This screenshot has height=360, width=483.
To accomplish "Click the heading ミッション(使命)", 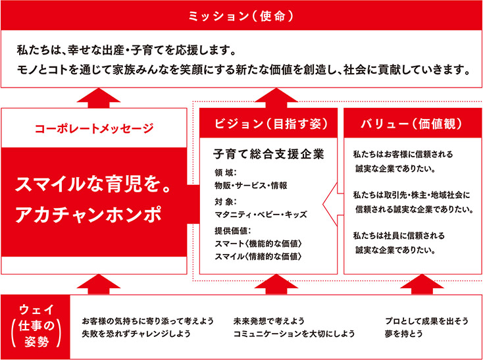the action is coord(241,16).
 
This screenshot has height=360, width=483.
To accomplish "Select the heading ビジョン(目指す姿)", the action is coord(268,124).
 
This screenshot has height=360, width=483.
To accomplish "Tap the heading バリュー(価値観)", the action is coord(413,124).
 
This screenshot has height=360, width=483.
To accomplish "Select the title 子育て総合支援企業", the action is coord(268,155).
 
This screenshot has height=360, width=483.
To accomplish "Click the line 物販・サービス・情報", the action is coord(251,186).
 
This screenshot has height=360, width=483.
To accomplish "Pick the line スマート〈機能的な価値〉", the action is coord(258,244).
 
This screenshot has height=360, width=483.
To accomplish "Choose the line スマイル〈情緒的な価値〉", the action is coord(258,256).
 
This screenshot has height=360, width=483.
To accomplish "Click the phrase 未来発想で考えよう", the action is coord(269,321).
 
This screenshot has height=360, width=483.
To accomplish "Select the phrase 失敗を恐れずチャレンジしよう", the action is coord(136,333).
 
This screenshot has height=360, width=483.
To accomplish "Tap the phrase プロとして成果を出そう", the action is coord(426,321).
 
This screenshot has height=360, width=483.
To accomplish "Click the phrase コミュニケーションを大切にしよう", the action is coord(294,333).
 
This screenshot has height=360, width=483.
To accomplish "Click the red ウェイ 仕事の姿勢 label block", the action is coord(35,327).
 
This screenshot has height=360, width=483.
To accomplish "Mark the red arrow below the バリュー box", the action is coord(422,284).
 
